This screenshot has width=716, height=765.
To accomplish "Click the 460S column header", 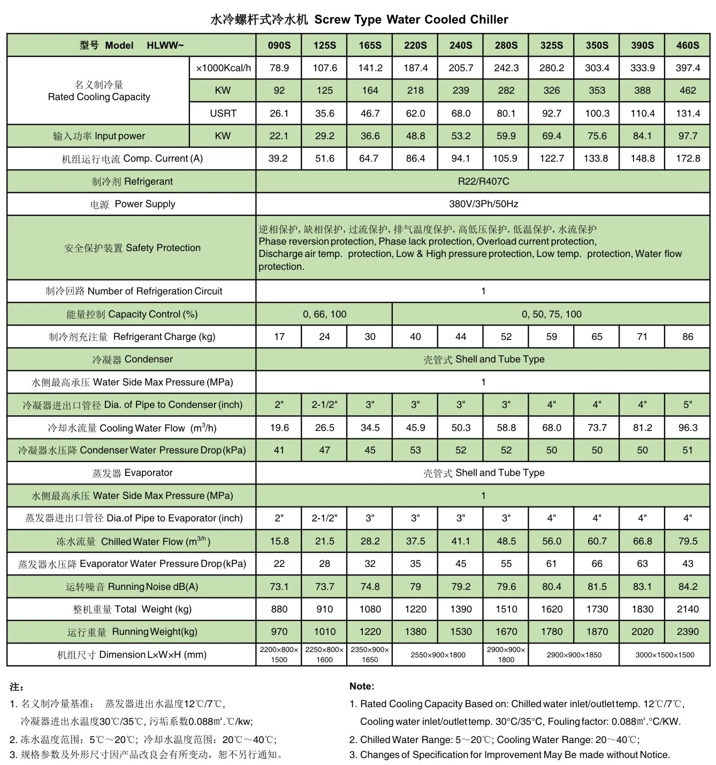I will click(687, 46).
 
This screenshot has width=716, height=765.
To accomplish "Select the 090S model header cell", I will click(279, 46).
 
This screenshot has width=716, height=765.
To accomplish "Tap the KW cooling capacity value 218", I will click(415, 90).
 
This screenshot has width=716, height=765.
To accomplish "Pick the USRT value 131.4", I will click(687, 113).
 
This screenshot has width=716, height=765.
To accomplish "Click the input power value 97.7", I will click(687, 136).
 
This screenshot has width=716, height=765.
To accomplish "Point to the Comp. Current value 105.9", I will click(506, 158).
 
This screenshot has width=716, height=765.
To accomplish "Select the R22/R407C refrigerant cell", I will click(483, 181).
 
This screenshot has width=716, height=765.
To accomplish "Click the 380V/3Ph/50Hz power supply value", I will click(483, 204).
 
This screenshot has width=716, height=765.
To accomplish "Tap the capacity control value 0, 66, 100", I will click(324, 314).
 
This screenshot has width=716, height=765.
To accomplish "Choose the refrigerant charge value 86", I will click(687, 337).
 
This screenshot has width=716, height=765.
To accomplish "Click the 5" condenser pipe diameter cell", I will click(687, 405).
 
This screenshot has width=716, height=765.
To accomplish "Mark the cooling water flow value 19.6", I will click(279, 428).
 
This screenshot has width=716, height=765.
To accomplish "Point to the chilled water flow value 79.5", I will click(687, 541).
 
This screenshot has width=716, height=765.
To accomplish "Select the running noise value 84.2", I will click(687, 587).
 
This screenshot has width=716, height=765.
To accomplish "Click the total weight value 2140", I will click(687, 609).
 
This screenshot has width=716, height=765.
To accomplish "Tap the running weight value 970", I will click(279, 632).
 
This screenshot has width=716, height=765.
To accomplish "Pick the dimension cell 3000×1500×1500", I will click(665, 655).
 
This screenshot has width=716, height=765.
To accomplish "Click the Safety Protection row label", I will click(132, 248).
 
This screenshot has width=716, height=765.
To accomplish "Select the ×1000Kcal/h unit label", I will click(223, 68).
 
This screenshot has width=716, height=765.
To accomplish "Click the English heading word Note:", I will click(362, 686).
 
